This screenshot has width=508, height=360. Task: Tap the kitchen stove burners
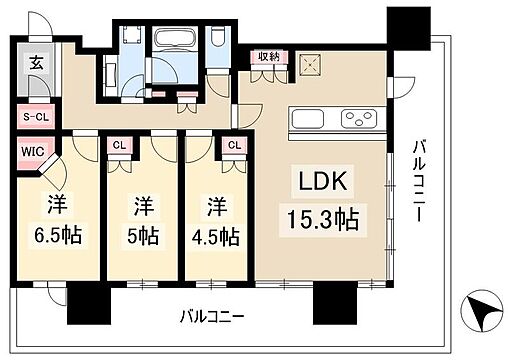[x=358, y=120]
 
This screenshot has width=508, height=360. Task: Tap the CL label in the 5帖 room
[x=119, y=145]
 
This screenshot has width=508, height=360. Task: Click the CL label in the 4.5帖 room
[x=234, y=145]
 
